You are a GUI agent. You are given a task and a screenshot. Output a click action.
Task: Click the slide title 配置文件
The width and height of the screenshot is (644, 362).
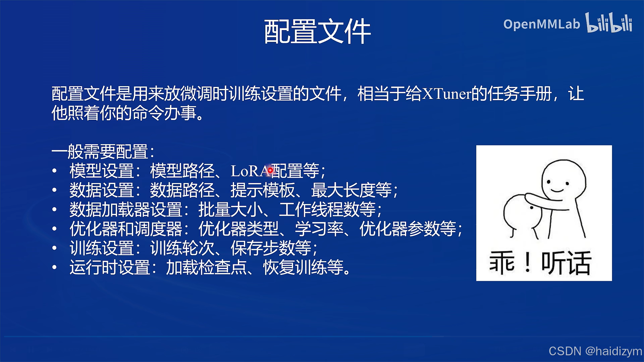317,32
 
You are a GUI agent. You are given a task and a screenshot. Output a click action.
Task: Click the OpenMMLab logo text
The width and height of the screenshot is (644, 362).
541,24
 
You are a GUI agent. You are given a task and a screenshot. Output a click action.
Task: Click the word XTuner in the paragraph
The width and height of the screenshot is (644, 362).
446,94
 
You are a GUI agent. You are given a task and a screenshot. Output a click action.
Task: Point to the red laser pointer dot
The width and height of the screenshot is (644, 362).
270,170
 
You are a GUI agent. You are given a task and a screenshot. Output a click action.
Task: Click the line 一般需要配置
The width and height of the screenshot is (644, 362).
103,152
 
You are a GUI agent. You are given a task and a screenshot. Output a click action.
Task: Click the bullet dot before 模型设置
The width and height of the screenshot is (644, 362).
55,171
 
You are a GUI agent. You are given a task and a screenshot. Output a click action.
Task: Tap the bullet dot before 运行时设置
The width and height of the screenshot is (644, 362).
55,267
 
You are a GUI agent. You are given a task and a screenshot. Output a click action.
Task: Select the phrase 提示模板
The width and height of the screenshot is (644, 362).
262,190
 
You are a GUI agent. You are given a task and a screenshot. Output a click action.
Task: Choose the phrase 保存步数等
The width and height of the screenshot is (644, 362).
271,248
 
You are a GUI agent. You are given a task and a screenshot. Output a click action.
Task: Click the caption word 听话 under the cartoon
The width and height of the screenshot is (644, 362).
566,263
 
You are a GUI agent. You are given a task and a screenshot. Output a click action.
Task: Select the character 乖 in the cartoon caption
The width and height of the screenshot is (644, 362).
502,263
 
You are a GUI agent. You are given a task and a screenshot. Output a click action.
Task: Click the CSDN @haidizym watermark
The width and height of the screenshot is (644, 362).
595,351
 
